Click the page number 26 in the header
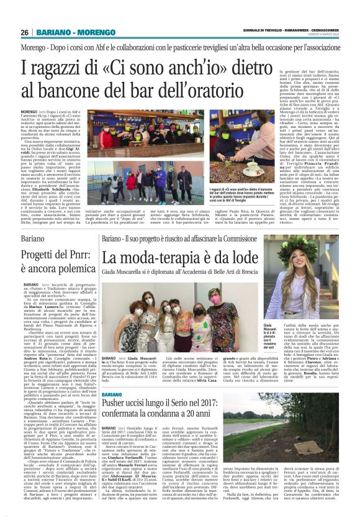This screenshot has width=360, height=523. click(x=25, y=32)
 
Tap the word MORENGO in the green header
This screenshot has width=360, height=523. click(x=96, y=32)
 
